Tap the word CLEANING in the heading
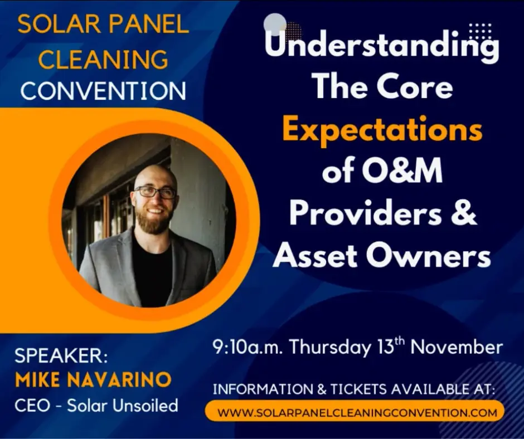pyautogui.click(x=103, y=58)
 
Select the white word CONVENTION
pyautogui.click(x=103, y=91)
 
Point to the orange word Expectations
pyautogui.click(x=382, y=130)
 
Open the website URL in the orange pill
pyautogui.click(x=357, y=413)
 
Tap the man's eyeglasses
pyautogui.click(x=155, y=192)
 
